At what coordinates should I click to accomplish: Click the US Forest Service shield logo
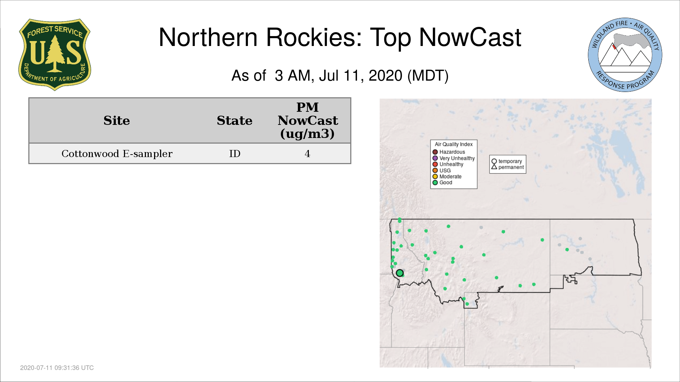pyautogui.click(x=55, y=55)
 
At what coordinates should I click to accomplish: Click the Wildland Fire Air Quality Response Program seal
pyautogui.click(x=625, y=55)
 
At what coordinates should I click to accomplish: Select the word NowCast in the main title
pyautogui.click(x=470, y=37)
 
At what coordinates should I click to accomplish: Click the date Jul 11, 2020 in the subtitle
pyautogui.click(x=361, y=76)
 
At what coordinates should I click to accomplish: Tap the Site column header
pyautogui.click(x=117, y=121)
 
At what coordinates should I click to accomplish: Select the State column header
pyautogui.click(x=234, y=121)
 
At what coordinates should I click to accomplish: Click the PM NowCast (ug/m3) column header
pyautogui.click(x=307, y=120)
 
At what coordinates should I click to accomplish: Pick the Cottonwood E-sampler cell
pyautogui.click(x=117, y=154)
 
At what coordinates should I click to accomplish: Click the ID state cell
pyautogui.click(x=234, y=154)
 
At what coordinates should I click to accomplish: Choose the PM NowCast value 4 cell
pyautogui.click(x=307, y=154)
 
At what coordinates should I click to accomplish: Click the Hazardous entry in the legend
pyautogui.click(x=449, y=152)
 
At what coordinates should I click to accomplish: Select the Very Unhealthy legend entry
pyautogui.click(x=454, y=158)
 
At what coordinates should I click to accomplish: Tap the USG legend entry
pyautogui.click(x=441, y=170)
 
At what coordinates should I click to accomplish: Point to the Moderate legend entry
pyautogui.click(x=447, y=176)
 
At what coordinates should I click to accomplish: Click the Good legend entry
pyautogui.click(x=442, y=183)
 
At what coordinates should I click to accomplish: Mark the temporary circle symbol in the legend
pyautogui.click(x=494, y=161)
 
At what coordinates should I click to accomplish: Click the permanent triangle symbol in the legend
pyautogui.click(x=494, y=167)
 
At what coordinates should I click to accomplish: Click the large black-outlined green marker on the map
pyautogui.click(x=400, y=273)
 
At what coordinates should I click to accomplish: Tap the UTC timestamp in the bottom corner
pyautogui.click(x=57, y=368)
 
